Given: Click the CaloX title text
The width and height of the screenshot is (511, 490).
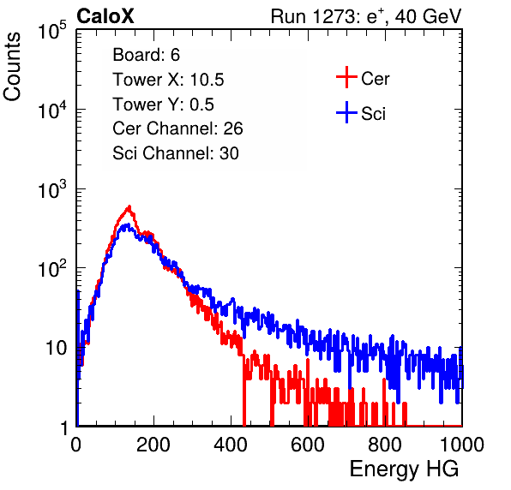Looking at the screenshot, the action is (x=105, y=16).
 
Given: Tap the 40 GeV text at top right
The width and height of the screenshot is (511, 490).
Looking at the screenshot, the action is (x=428, y=16).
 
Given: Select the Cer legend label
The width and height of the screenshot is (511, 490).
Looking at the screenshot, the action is (x=375, y=79).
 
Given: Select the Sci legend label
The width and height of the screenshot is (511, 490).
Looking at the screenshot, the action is (x=373, y=114).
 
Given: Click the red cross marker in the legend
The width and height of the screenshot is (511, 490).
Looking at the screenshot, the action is (x=346, y=77).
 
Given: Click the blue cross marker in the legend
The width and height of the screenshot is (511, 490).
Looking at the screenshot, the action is (x=346, y=113).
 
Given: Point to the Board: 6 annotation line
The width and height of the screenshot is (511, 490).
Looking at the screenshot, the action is (x=146, y=54).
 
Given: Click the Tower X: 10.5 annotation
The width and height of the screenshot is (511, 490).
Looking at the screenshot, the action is (x=168, y=80).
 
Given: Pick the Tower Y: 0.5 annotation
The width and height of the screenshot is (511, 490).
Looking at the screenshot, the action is (x=163, y=105).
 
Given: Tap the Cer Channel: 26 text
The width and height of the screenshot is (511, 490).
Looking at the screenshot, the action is (x=177, y=128).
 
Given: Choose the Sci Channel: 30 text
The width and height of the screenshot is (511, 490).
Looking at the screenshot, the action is (x=176, y=153).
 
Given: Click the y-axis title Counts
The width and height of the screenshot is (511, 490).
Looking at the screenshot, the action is (x=12, y=67).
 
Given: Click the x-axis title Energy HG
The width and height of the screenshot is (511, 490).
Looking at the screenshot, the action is (x=404, y=469).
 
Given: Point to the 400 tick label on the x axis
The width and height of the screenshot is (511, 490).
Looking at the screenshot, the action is (x=231, y=445).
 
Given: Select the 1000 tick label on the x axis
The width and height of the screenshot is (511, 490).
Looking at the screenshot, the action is (x=462, y=445).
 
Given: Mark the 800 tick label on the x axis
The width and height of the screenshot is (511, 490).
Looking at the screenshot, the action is (x=385, y=445).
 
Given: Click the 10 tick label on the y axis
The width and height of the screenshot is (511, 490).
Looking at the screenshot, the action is (x=56, y=348).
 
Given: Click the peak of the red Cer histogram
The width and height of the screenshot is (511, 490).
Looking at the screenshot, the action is (x=129, y=206).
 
